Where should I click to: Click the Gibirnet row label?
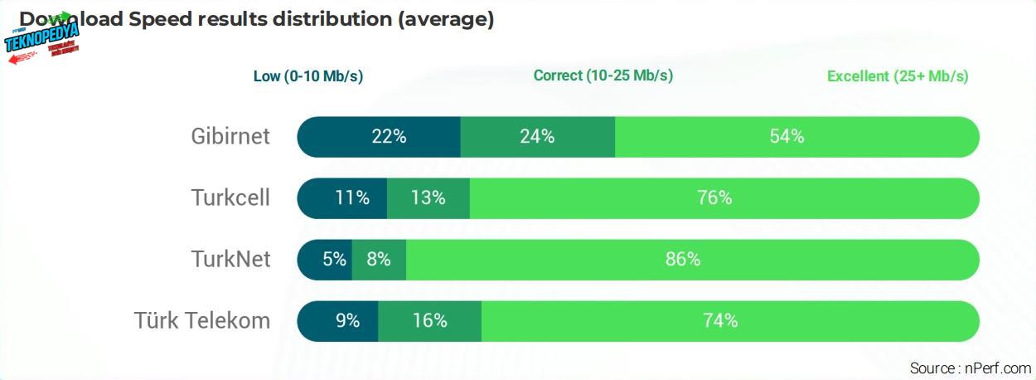(x=230, y=136)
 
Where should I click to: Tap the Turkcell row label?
(x=230, y=198)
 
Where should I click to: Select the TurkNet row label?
(x=230, y=259)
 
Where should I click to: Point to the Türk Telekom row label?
(x=202, y=320)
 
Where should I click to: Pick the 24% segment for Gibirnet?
(x=537, y=137)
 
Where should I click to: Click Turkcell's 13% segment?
(x=428, y=198)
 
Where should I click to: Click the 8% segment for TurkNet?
(x=379, y=260)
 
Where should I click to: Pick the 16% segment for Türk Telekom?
(x=429, y=320)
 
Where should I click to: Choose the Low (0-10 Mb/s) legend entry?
(x=308, y=76)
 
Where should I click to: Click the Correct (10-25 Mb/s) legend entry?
(x=603, y=76)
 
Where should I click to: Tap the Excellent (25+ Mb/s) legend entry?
(x=898, y=76)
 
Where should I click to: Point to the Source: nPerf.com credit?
(x=970, y=368)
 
